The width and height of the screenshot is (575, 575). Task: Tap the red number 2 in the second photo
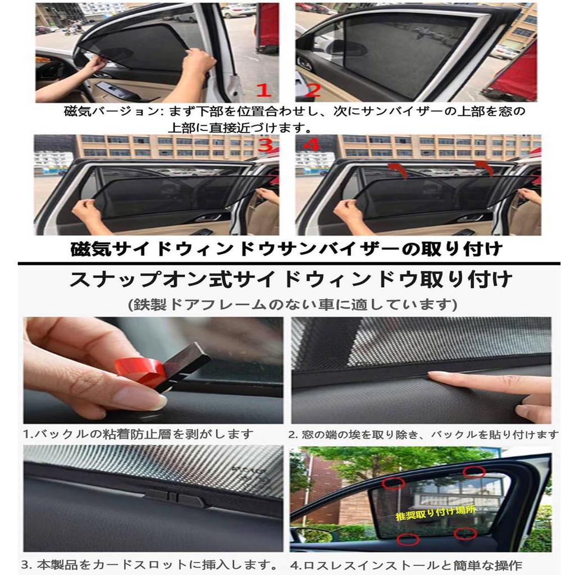(313, 90)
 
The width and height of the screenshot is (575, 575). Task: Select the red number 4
(310, 144)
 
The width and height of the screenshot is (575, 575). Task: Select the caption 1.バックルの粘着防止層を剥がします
(138, 434)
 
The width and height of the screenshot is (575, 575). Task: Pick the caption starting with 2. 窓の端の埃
(424, 434)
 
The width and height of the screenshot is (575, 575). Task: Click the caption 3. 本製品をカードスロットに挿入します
(150, 563)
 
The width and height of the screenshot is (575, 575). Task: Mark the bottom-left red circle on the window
(407, 540)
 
